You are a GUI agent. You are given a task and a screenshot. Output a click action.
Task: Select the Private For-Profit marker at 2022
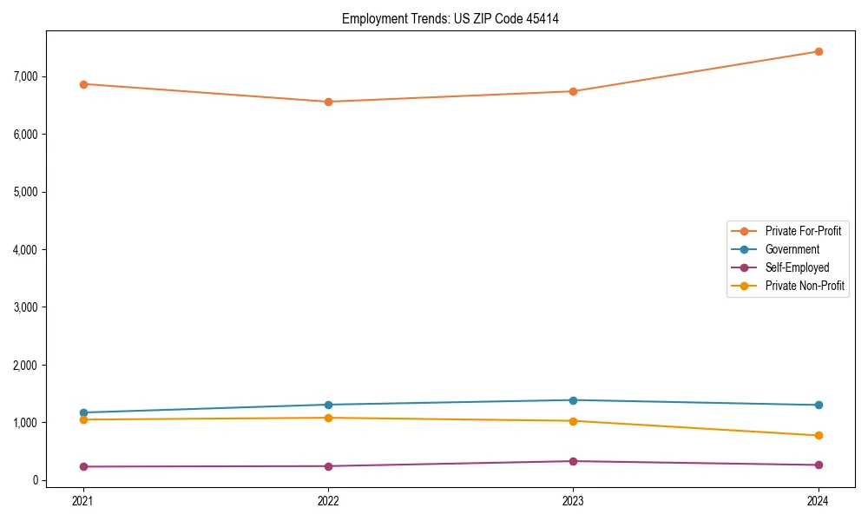click(328, 102)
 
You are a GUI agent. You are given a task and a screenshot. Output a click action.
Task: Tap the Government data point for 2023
click(573, 400)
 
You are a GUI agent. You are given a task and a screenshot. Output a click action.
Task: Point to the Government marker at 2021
click(83, 412)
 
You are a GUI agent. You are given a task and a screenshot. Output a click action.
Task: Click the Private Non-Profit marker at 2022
click(328, 418)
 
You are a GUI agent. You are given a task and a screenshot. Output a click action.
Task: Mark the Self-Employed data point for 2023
click(573, 461)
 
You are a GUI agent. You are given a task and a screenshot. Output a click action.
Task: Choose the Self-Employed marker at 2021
click(83, 466)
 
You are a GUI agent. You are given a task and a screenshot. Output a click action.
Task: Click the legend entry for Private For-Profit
click(802, 231)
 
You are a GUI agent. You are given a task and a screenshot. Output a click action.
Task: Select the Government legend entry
click(792, 249)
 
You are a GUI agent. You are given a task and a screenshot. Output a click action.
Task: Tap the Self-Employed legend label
click(797, 267)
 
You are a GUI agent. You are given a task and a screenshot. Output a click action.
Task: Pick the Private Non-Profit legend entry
click(805, 286)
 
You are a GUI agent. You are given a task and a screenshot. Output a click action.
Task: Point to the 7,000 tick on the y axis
click(26, 76)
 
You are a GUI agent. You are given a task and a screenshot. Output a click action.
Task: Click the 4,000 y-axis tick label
click(26, 250)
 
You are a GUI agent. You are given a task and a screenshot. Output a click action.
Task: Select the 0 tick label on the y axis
click(36, 480)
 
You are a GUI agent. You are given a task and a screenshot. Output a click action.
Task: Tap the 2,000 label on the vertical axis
click(26, 366)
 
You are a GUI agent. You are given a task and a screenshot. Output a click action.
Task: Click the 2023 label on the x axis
click(573, 500)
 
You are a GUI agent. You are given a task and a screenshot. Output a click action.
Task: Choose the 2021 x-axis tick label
click(83, 500)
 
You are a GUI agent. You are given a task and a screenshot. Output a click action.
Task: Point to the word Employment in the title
click(370, 18)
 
